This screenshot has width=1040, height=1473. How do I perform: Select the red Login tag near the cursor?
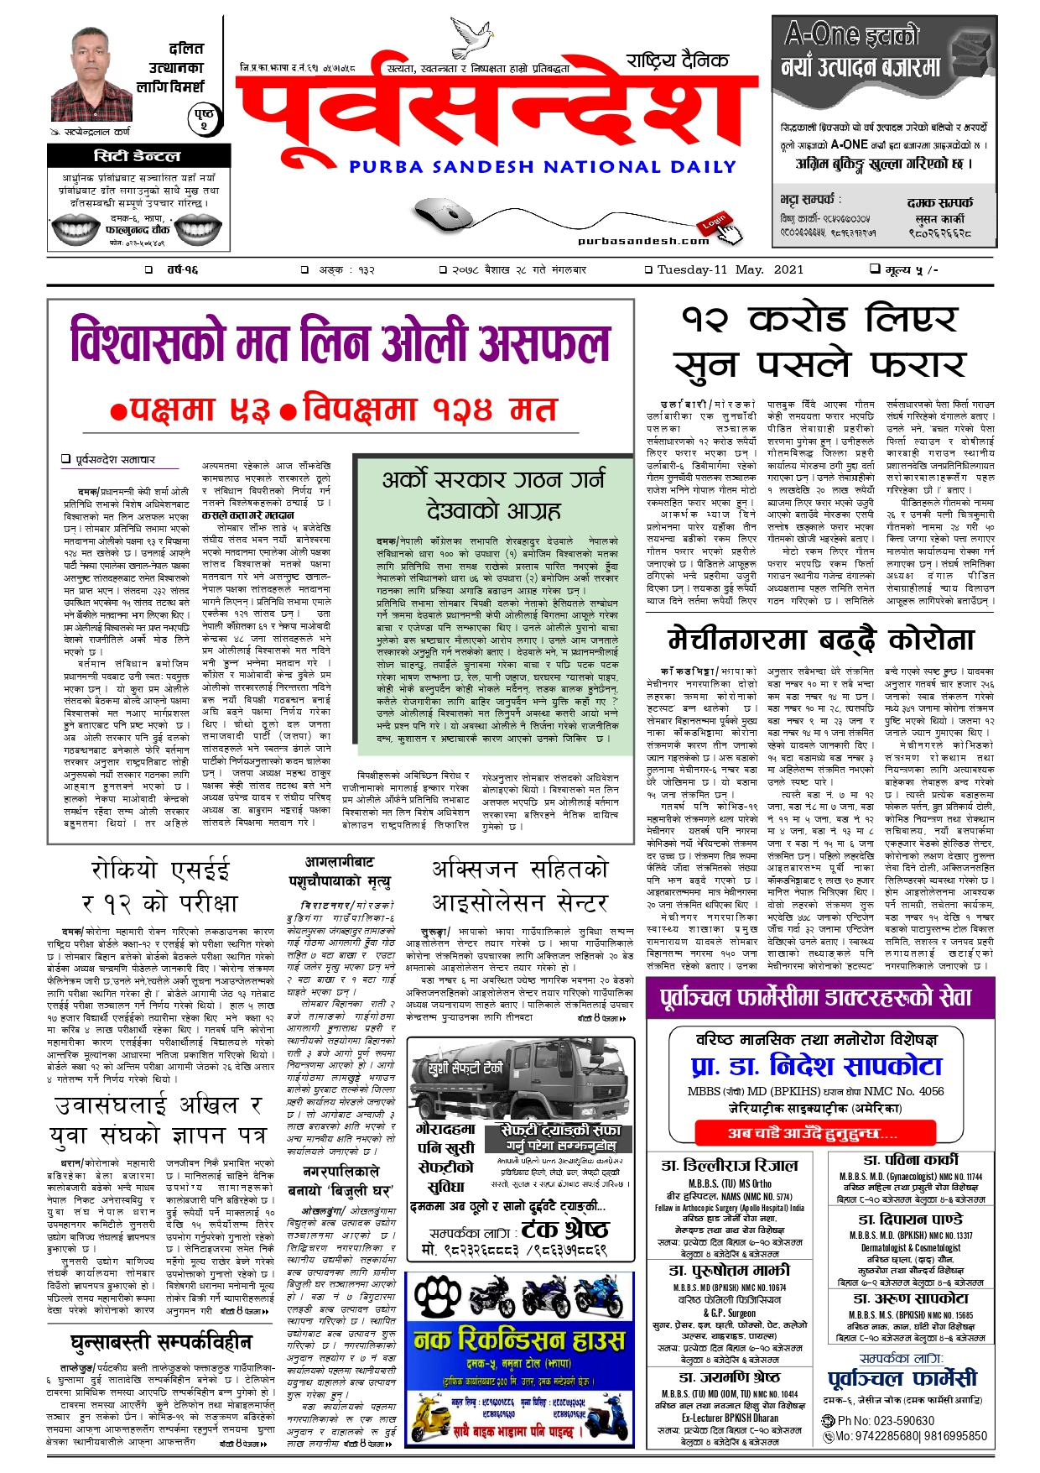[x=715, y=221]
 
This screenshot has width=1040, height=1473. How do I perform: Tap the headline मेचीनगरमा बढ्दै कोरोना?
[x=822, y=640]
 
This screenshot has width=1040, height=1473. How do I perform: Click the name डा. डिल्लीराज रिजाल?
[x=729, y=1165]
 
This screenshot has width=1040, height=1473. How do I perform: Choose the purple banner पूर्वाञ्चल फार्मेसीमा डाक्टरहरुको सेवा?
[x=816, y=997]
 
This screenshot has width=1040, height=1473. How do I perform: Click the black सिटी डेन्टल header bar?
[x=138, y=155]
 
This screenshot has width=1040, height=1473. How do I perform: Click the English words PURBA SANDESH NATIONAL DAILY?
[x=543, y=167]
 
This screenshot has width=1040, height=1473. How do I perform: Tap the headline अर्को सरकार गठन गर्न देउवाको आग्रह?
[x=493, y=494]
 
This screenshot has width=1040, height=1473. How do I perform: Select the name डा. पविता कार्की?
[x=910, y=1160]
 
